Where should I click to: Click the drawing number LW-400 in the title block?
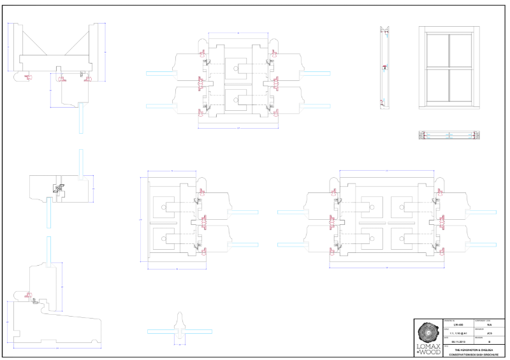point(432,324)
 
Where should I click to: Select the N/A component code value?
point(489,324)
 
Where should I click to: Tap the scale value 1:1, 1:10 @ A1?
point(432,333)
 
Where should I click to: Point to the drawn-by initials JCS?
point(489,333)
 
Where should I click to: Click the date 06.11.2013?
point(432,342)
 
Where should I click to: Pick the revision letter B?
point(489,342)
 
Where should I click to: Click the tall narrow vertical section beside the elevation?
point(384,68)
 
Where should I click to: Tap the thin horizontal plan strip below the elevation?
point(449,134)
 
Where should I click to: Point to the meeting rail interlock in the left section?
point(58,189)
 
